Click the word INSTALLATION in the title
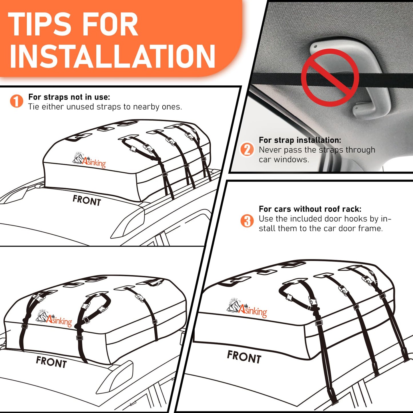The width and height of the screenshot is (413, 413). pyautogui.click(x=113, y=56)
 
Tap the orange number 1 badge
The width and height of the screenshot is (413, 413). pyautogui.click(x=17, y=101)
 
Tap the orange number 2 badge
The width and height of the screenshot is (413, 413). pyautogui.click(x=247, y=149)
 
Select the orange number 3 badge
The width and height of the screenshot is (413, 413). pyautogui.click(x=247, y=221)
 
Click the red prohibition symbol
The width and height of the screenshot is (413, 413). pyautogui.click(x=330, y=77)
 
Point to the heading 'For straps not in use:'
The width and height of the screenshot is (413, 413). pyautogui.click(x=69, y=97)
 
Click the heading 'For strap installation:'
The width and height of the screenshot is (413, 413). pyautogui.click(x=300, y=140)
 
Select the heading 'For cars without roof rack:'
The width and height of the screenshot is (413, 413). pyautogui.click(x=310, y=209)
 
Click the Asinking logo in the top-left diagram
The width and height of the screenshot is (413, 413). pyautogui.click(x=89, y=161)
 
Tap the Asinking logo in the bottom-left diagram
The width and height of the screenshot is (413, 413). pyautogui.click(x=54, y=319)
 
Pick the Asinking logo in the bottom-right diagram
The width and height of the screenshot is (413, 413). pyautogui.click(x=247, y=308)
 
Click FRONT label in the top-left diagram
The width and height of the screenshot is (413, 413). pyautogui.click(x=87, y=200)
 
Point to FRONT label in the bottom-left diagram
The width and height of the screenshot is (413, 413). pyautogui.click(x=51, y=362)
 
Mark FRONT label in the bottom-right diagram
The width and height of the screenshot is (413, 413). pyautogui.click(x=244, y=357)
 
